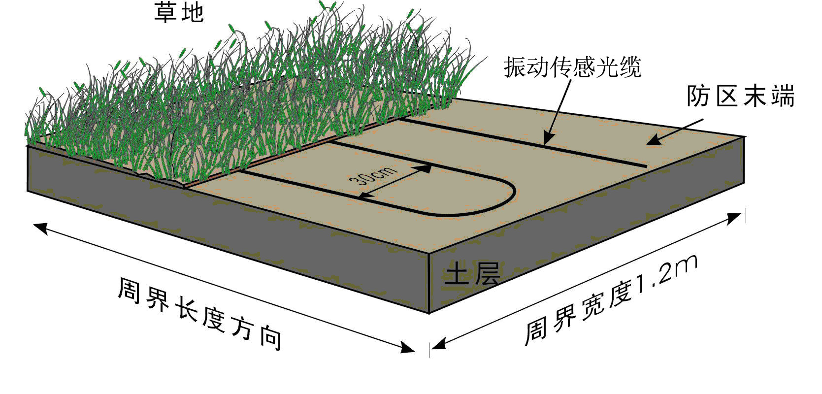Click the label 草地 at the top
pos(179,12)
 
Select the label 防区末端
pos(740,96)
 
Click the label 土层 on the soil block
pos(472,274)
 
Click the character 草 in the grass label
pos(165,12)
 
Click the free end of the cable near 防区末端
pos(645,166)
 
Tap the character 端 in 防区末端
pos(782,96)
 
